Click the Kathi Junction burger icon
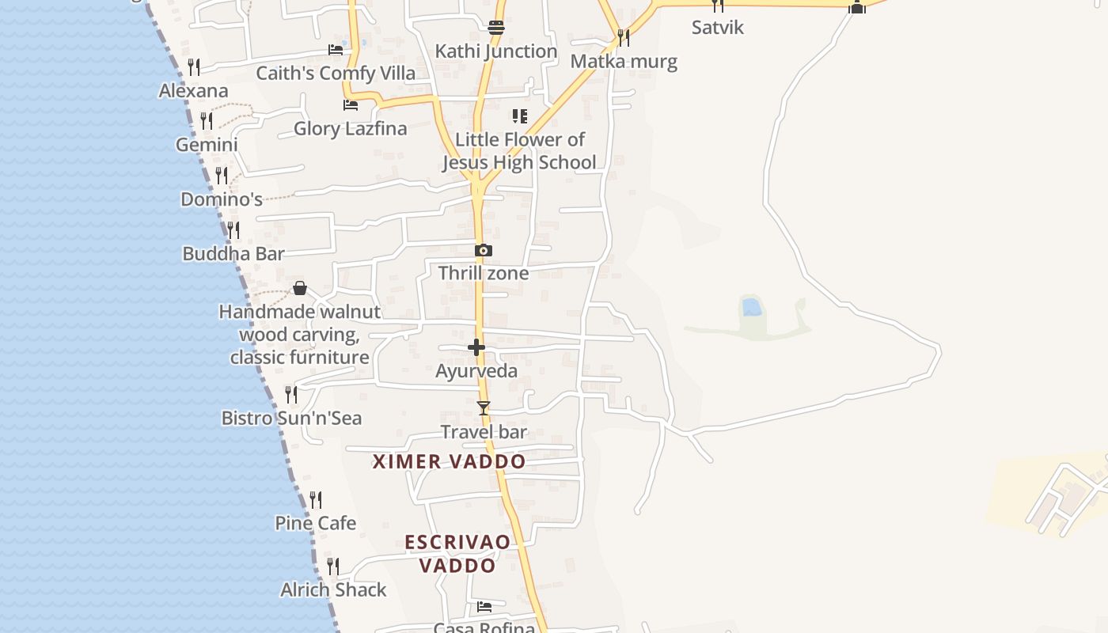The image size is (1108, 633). pyautogui.click(x=496, y=28)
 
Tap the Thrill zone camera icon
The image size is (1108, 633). pyautogui.click(x=484, y=251)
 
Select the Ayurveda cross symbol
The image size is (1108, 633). pyautogui.click(x=476, y=347)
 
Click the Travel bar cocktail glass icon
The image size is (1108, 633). pyautogui.click(x=484, y=408)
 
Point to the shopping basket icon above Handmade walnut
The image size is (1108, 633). pyautogui.click(x=300, y=288)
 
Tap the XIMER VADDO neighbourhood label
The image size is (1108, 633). pyautogui.click(x=449, y=462)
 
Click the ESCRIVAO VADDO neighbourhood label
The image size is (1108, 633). pyautogui.click(x=457, y=554)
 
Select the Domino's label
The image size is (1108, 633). pyautogui.click(x=222, y=199)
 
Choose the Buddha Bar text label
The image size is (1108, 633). pyautogui.click(x=233, y=254)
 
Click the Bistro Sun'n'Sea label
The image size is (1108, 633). pyautogui.click(x=291, y=419)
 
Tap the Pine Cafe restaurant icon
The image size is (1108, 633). pyautogui.click(x=316, y=500)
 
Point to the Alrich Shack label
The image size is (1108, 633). pyautogui.click(x=333, y=590)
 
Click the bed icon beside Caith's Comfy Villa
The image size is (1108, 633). pyautogui.click(x=336, y=50)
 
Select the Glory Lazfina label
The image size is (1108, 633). pyautogui.click(x=350, y=129)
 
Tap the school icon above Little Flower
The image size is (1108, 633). pyautogui.click(x=519, y=116)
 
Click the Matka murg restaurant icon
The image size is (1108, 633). pyautogui.click(x=624, y=37)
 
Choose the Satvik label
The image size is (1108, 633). pyautogui.click(x=718, y=28)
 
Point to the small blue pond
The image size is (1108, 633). pyautogui.click(x=752, y=306)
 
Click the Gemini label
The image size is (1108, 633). pyautogui.click(x=207, y=146)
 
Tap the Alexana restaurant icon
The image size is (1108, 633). pyautogui.click(x=194, y=66)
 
